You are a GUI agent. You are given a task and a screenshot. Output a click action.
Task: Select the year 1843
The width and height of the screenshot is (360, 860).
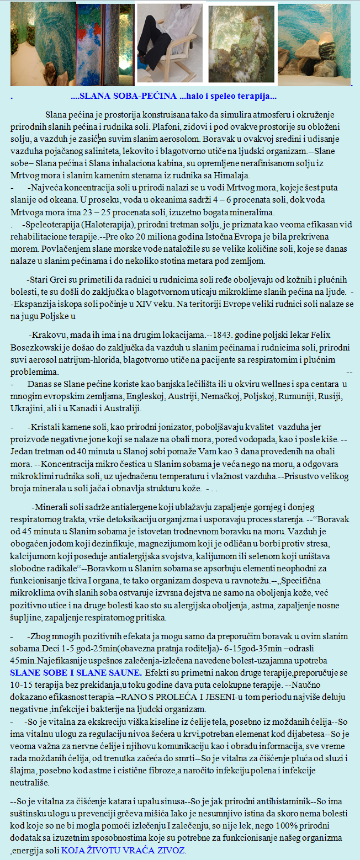click(x=224, y=335)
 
